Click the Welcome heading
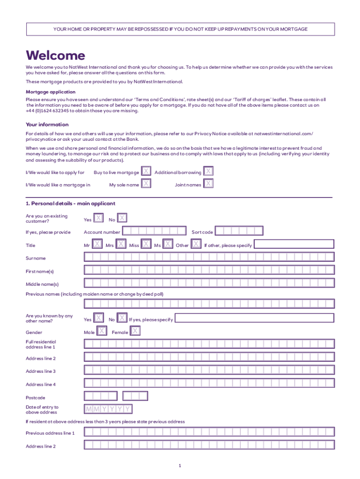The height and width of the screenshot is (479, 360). [x=56, y=56]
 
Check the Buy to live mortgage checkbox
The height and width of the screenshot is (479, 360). [x=146, y=172]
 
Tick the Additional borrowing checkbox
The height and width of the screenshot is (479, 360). [x=209, y=172]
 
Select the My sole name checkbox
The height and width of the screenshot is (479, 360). [x=146, y=184]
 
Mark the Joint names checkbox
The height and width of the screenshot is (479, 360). [x=209, y=184]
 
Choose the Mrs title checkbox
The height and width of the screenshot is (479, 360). [x=121, y=244]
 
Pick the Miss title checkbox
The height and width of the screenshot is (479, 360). [x=146, y=244]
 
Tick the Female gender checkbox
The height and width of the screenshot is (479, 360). [x=135, y=331]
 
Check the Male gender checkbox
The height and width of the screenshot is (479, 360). [x=101, y=331]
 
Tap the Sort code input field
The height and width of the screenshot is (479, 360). [x=239, y=231]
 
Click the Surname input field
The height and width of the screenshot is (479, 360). [x=209, y=257]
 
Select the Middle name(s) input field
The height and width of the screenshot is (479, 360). [x=209, y=283]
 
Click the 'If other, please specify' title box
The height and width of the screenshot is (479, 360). [x=294, y=244]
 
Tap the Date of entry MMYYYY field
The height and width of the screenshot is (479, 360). [x=108, y=409]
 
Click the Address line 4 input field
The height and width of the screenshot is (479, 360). [x=209, y=383]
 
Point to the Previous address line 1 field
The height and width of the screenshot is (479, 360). [x=209, y=432]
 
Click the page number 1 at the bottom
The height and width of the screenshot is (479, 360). [x=180, y=466]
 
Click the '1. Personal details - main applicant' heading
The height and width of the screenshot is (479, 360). [x=70, y=203]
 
